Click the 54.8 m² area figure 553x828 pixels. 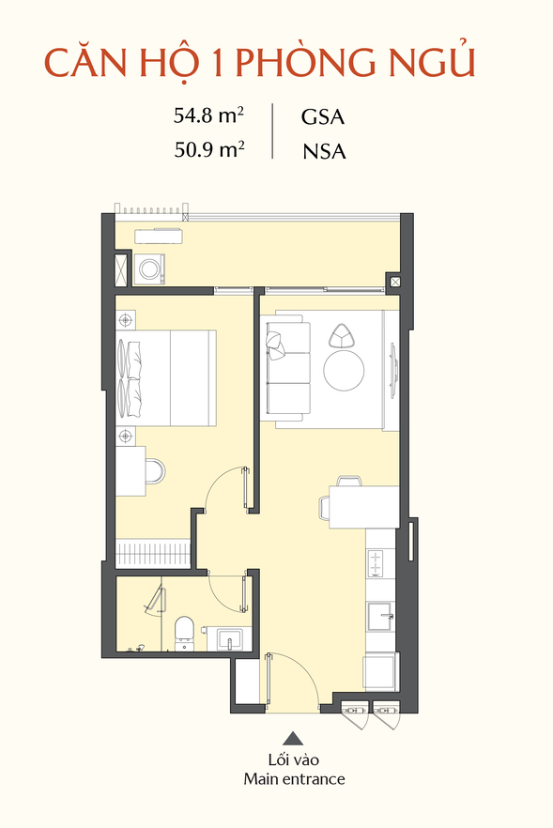208,115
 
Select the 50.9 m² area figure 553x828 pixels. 209,150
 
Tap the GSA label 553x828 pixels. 323,116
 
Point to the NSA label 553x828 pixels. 324,151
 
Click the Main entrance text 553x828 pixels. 294,779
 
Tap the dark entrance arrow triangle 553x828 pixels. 293,738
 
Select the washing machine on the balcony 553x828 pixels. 149,268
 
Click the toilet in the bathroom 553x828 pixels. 185,632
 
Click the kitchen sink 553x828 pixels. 380,617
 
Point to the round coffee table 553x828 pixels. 344,371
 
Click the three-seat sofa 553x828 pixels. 288,371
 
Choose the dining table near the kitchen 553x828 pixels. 363,507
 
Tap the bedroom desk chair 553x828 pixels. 155,471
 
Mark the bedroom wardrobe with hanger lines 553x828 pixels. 153,554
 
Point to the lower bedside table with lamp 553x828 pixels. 125,437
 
